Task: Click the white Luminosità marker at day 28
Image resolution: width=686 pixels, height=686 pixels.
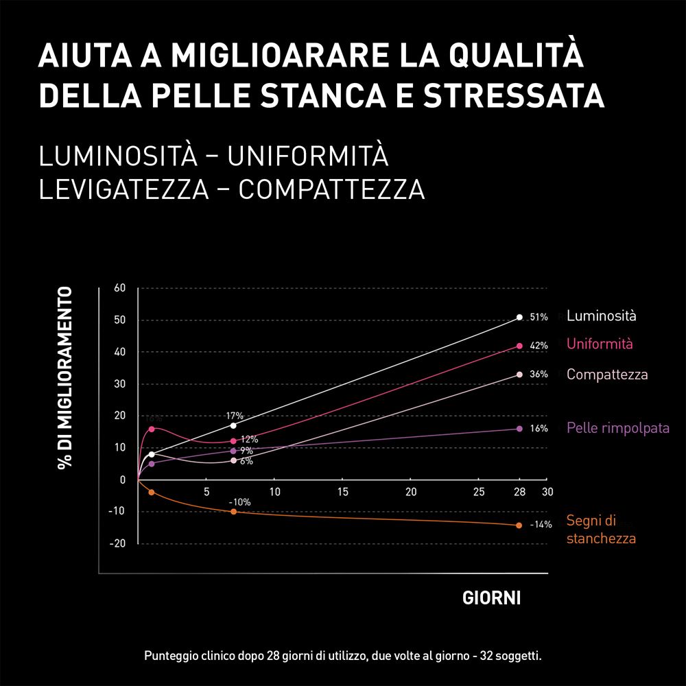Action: click(519, 317)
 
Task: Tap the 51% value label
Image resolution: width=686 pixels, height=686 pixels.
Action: click(539, 318)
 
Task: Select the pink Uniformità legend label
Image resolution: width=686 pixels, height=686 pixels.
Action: click(600, 344)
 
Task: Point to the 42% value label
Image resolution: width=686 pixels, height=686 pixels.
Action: click(539, 346)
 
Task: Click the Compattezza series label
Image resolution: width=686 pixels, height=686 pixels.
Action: click(606, 375)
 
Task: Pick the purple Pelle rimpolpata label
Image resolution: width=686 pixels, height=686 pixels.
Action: click(617, 429)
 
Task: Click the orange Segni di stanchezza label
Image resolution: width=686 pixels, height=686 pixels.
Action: click(600, 530)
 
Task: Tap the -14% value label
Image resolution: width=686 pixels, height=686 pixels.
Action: click(541, 525)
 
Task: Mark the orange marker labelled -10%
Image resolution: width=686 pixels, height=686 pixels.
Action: click(233, 512)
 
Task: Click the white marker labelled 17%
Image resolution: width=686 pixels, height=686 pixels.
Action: click(233, 426)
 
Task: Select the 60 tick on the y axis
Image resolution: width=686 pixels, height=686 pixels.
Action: click(119, 287)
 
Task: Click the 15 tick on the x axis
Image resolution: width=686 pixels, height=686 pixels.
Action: click(343, 492)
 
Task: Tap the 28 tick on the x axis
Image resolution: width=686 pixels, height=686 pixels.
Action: click(519, 492)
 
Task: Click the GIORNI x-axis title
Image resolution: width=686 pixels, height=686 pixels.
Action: click(491, 598)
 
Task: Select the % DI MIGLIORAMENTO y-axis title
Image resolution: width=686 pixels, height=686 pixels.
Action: click(64, 377)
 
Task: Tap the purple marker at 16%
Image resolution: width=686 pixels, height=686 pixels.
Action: click(519, 429)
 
